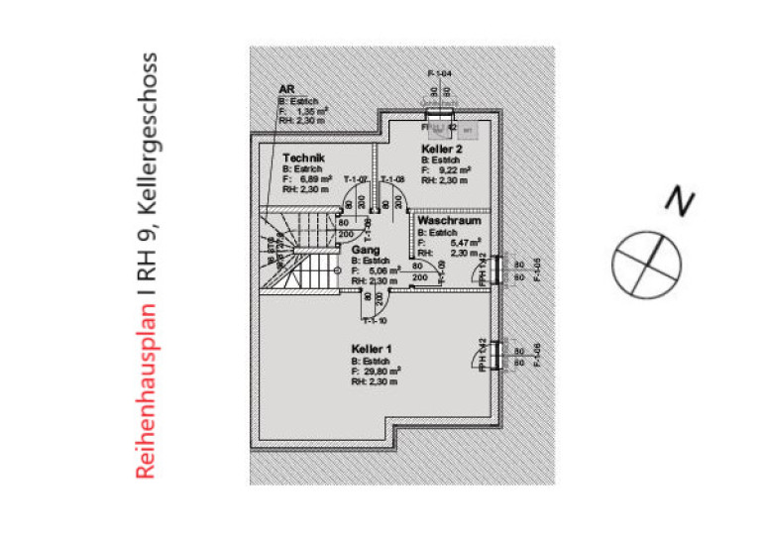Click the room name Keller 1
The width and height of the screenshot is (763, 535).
pos(372,349)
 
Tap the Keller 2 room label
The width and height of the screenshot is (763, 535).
pos(442,148)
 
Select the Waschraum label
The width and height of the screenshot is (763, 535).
pos(450,222)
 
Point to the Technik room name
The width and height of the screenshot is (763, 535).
pos(303,158)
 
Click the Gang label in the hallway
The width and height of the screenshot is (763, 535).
pos(366,251)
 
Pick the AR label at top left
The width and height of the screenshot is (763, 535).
pos(287,88)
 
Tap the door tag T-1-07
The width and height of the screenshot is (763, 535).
pos(356,178)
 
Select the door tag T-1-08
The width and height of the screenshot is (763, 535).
pos(393,178)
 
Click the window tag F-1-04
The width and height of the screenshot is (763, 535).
pos(439,74)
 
